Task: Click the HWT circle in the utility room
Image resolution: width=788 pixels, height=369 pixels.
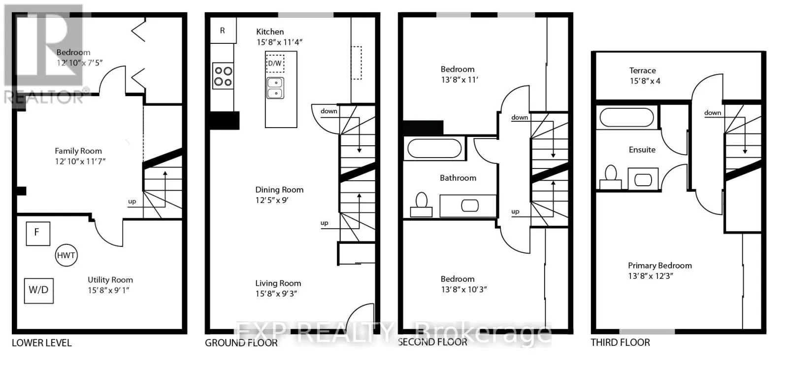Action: tap(66, 255)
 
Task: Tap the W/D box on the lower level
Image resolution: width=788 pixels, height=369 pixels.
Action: tap(39, 291)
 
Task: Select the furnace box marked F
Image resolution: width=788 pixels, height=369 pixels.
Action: tap(38, 234)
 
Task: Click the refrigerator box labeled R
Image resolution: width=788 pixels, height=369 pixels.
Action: tap(223, 31)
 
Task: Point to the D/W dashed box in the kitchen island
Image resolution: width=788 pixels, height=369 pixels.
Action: tap(275, 64)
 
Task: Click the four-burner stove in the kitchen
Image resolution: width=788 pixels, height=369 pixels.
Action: tap(223, 76)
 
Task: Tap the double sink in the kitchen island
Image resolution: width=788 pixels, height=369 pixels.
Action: tap(275, 88)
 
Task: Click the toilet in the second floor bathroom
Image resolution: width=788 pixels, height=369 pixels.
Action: tap(421, 204)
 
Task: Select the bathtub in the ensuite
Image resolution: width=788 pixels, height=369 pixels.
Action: tap(626, 117)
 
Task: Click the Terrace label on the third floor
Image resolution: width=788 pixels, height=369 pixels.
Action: tap(642, 71)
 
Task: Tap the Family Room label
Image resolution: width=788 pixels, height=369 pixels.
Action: tap(78, 151)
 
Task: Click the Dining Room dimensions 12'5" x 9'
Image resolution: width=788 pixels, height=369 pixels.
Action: tap(272, 200)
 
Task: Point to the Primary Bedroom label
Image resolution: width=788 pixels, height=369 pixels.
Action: tap(660, 266)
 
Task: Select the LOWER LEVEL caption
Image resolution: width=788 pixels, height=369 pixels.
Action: tap(42, 343)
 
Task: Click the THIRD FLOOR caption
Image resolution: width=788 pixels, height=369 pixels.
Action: tap(620, 342)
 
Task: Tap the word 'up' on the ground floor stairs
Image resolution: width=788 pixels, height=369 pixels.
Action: tap(325, 223)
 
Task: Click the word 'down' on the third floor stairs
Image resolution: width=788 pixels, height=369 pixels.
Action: tap(713, 113)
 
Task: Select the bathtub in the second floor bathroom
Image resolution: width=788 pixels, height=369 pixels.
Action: tap(434, 148)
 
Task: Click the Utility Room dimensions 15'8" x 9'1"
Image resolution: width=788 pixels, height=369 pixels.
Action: tap(109, 291)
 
